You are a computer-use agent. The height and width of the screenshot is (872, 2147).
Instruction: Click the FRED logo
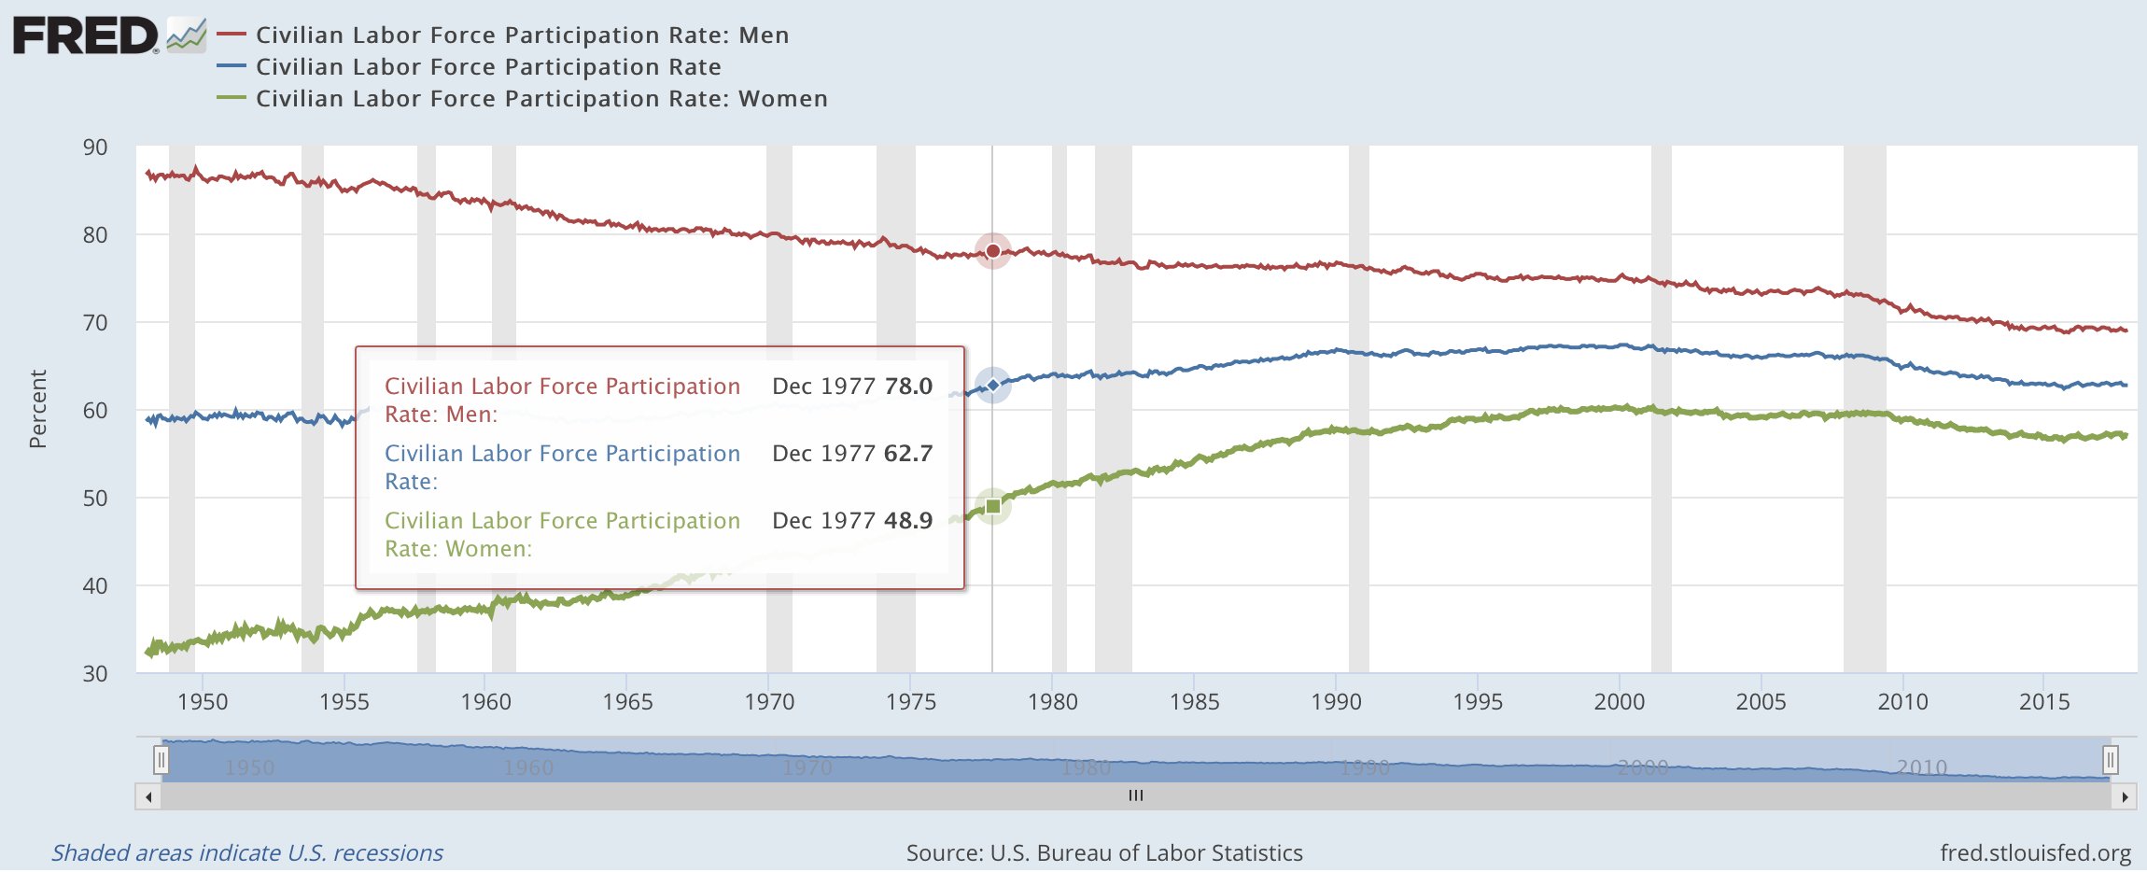point(86,36)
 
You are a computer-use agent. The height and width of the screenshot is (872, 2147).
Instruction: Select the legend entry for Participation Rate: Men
point(522,35)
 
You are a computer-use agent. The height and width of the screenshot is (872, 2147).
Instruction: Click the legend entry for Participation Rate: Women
point(541,99)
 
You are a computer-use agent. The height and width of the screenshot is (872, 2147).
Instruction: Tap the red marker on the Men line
point(993,250)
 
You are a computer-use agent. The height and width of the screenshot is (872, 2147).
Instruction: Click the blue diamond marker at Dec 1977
point(993,385)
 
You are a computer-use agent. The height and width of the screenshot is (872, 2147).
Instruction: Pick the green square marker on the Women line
point(993,506)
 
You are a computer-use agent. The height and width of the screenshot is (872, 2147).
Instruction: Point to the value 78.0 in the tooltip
point(908,387)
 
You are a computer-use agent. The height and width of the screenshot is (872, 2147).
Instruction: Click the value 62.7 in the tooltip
point(908,454)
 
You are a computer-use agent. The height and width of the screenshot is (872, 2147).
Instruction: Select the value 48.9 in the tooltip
point(908,521)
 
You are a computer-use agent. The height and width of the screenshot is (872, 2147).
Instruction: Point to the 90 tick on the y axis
point(95,148)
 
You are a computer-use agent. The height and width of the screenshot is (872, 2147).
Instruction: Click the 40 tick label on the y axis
point(95,586)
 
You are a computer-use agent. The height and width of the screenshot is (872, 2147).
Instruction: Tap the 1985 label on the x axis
point(1194,702)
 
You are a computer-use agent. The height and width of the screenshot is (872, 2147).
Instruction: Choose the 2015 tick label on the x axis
point(2044,702)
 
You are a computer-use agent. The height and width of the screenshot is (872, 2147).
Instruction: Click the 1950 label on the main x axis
point(203,702)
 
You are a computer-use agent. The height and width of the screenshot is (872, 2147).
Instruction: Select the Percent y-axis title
point(37,409)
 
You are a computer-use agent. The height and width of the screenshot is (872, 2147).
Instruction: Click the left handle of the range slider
point(161,760)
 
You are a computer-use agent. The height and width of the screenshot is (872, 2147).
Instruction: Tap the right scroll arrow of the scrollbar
point(2125,797)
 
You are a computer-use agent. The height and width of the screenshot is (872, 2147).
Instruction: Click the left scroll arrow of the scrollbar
point(148,797)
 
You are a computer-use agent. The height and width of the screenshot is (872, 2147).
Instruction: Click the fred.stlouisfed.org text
point(2035,853)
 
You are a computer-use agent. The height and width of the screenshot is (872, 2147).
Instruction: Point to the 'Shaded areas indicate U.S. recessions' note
point(247,853)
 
